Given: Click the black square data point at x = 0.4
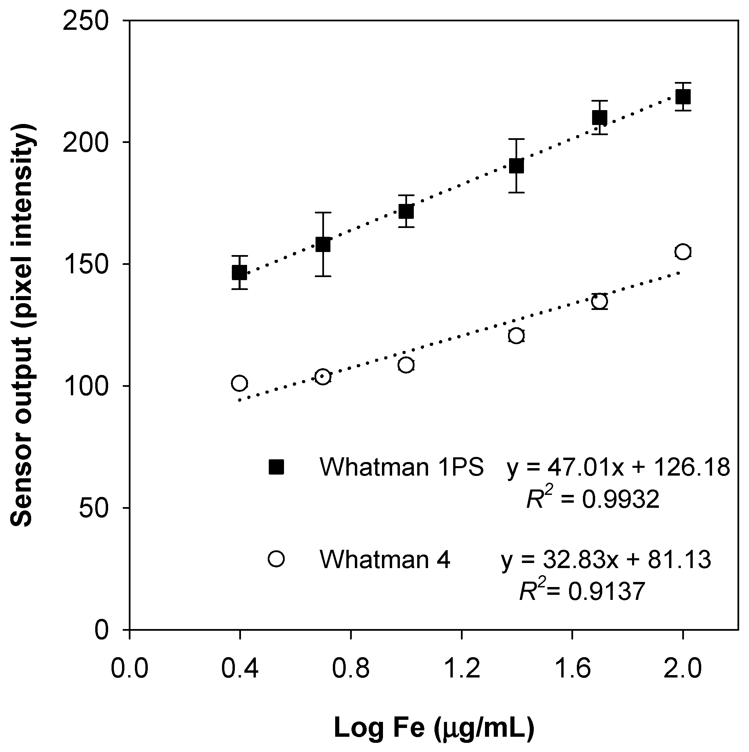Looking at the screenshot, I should coord(240,272).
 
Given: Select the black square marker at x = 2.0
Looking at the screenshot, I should coord(683,97).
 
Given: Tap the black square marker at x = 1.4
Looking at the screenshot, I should coord(517,166).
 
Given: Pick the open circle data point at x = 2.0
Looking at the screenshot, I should coord(683,251).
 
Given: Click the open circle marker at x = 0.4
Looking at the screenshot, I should coord(240,383).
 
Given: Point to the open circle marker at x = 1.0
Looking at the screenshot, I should coord(406,365).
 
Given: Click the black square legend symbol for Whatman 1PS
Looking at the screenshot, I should coord(277,467).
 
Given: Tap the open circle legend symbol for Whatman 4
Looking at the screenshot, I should coord(277,559).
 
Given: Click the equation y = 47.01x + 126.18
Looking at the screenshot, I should coord(618,467).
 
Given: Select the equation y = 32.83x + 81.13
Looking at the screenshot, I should coord(606,560).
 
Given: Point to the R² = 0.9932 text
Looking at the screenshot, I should coord(592,499).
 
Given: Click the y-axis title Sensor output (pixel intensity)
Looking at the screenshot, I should coord(23,325).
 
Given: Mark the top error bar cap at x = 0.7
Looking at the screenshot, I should coord(323,212).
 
